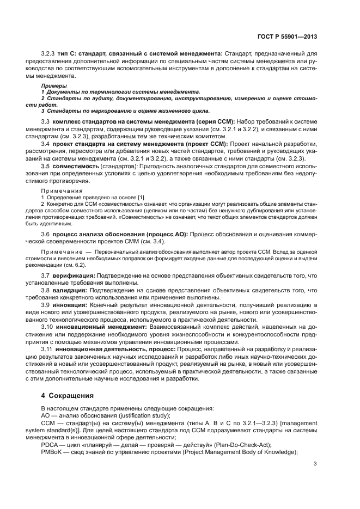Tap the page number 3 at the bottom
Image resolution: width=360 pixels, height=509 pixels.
(x=315, y=464)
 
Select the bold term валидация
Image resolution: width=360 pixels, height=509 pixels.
(x=71, y=290)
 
